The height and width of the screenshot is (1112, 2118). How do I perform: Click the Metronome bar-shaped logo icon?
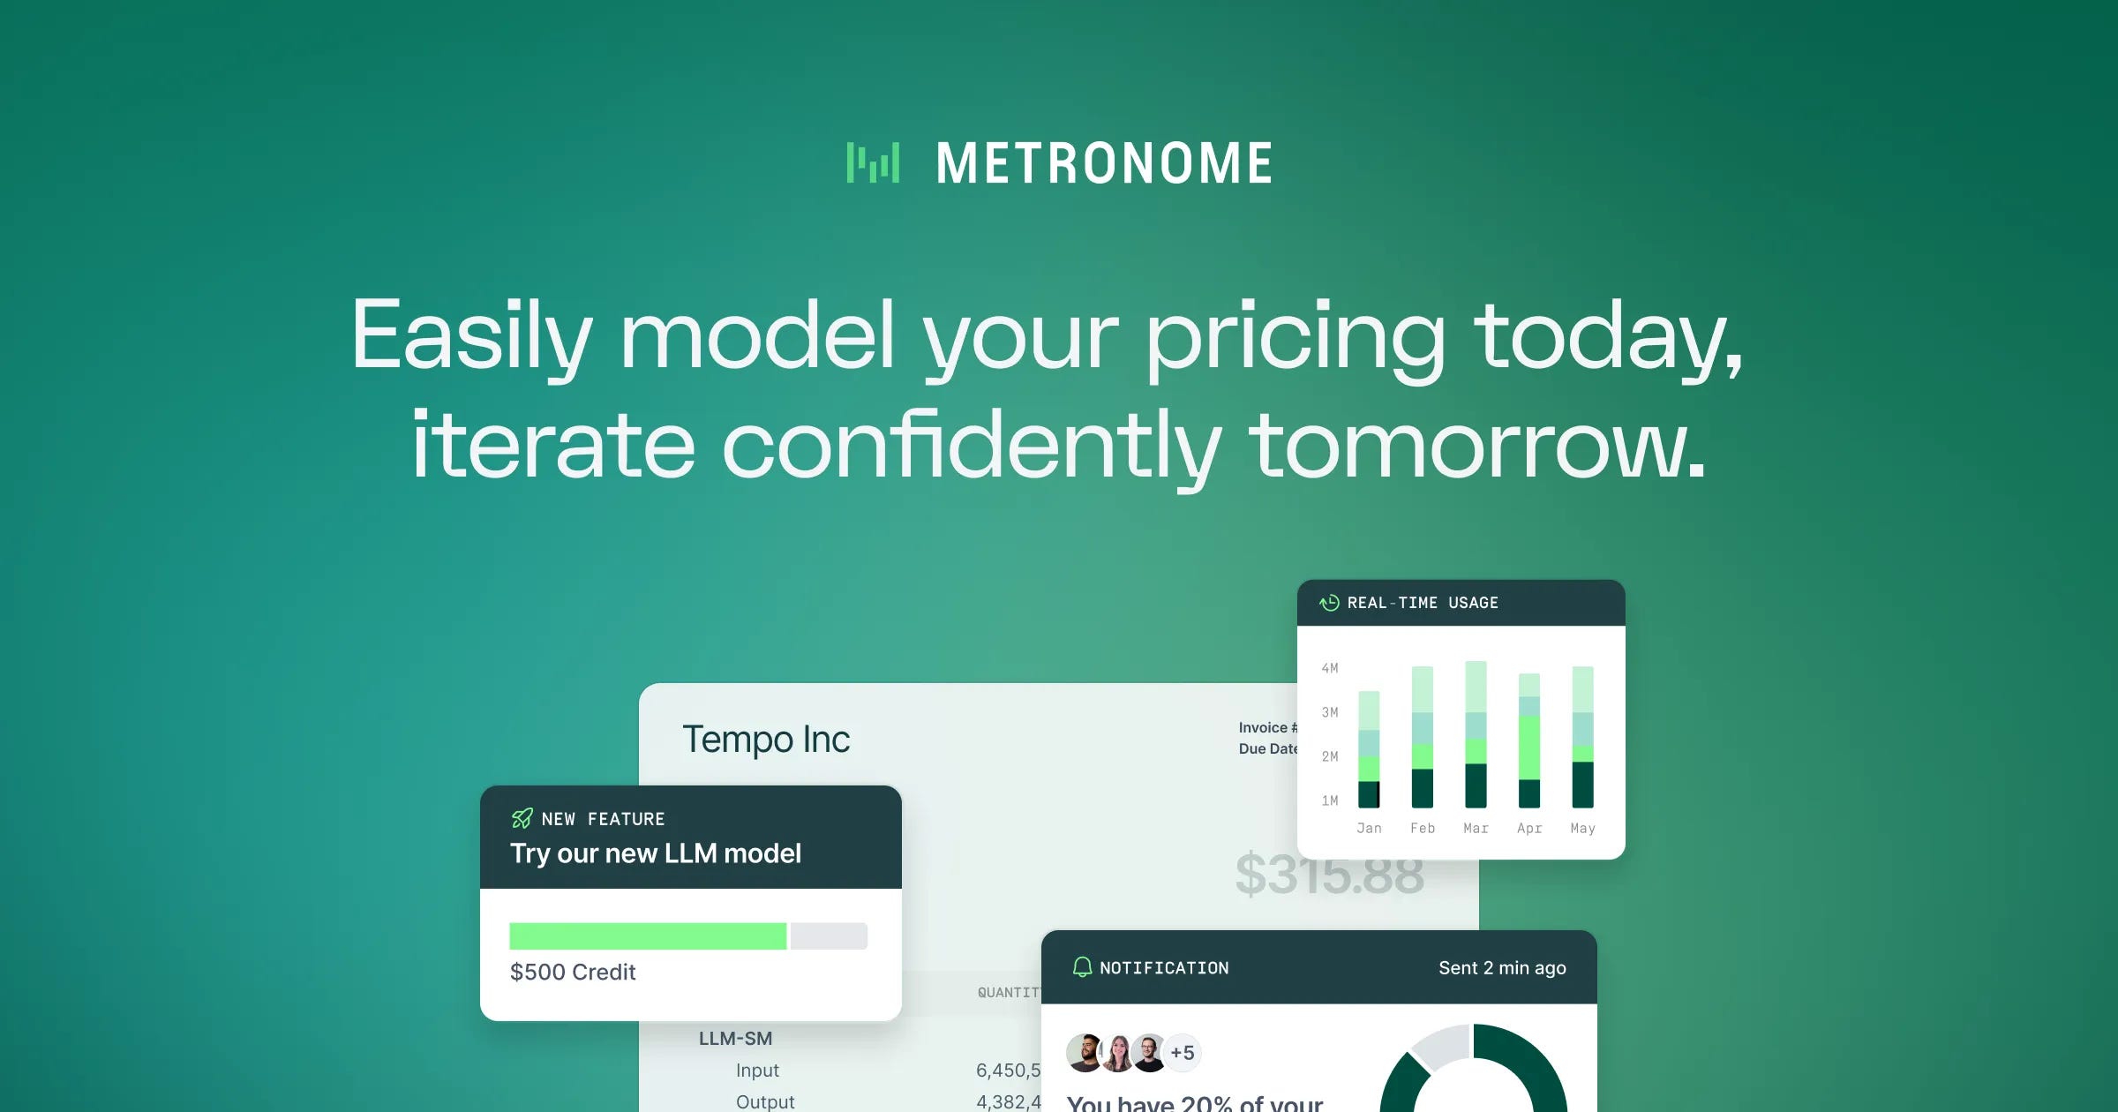(x=873, y=163)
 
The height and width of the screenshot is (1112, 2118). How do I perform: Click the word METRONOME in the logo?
(x=1104, y=164)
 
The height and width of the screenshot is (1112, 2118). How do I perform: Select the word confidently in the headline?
(x=972, y=446)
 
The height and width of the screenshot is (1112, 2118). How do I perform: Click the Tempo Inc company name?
(x=766, y=740)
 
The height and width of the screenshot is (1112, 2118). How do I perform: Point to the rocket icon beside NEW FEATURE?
(x=522, y=819)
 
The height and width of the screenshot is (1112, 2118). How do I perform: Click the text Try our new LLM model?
(x=656, y=853)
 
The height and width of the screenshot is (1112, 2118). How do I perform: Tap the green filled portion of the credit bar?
(x=647, y=936)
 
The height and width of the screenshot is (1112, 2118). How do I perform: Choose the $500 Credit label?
(x=573, y=972)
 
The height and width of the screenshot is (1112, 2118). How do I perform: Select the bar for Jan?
(x=1369, y=749)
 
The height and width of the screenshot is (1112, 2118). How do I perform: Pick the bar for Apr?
(x=1529, y=740)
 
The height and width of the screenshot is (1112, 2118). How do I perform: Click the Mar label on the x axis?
(x=1476, y=828)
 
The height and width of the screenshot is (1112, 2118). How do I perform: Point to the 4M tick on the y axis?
(x=1330, y=668)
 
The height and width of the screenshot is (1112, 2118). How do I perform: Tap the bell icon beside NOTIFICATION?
(x=1082, y=967)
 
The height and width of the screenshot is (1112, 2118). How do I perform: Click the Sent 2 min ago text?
(x=1502, y=967)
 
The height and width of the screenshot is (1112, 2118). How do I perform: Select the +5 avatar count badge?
(x=1183, y=1052)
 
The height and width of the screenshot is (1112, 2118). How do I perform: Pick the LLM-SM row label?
(x=735, y=1039)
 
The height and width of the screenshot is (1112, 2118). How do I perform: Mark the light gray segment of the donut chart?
(x=1439, y=1046)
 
